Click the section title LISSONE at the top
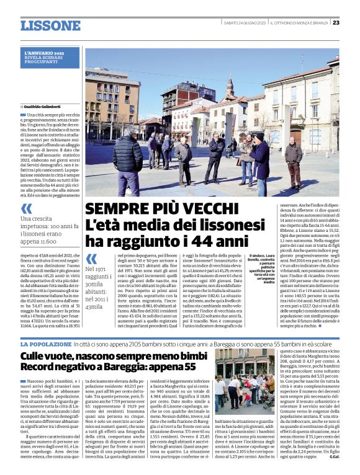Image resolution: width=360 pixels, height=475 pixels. [x=50, y=25]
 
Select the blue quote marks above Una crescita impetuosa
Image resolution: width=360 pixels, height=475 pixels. [x=26, y=209]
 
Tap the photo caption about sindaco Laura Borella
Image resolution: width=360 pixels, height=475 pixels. [x=261, y=267]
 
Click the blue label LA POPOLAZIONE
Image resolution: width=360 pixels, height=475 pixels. [x=45, y=344]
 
